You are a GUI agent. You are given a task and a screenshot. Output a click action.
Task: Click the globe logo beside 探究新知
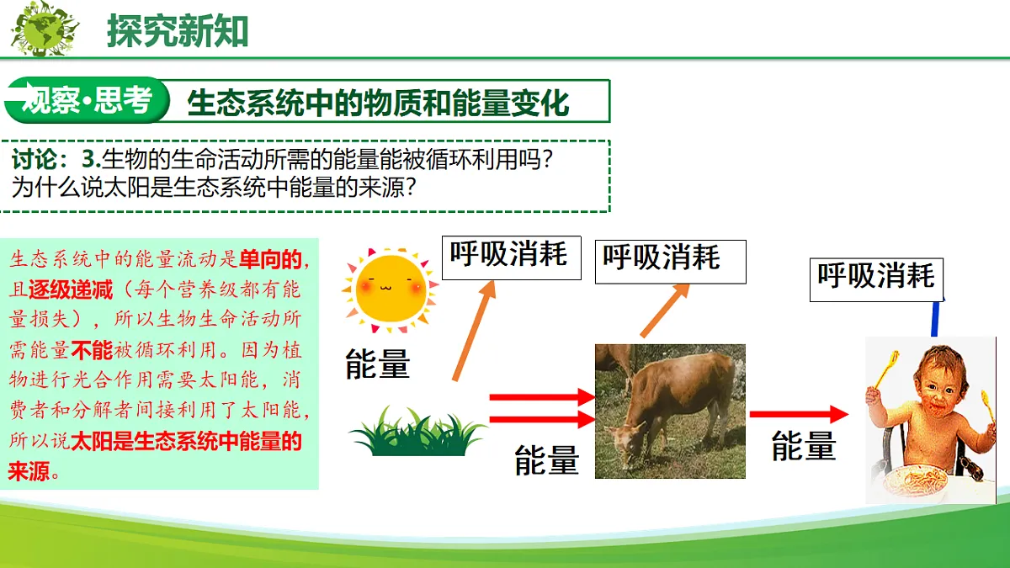(44, 28)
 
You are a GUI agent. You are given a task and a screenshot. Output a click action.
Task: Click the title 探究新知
(178, 30)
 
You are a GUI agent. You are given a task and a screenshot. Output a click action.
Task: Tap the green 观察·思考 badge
(87, 100)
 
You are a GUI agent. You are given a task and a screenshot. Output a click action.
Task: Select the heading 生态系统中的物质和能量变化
(378, 104)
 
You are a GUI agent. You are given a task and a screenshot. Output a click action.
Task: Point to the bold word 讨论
(35, 159)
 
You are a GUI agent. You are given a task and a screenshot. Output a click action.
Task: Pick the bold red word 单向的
(270, 259)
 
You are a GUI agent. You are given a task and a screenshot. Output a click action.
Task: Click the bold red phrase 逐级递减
(71, 289)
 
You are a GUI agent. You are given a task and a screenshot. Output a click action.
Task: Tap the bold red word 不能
(92, 350)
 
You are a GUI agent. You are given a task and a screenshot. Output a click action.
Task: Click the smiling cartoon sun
(391, 289)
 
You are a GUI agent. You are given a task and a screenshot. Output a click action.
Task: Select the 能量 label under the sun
(377, 364)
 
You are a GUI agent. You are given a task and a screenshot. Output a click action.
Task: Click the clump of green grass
(417, 432)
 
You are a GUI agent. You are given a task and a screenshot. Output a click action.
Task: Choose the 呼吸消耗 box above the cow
(671, 262)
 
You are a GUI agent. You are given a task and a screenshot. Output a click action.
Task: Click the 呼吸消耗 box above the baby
(876, 279)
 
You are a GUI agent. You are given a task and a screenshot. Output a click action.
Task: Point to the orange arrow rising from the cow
(665, 311)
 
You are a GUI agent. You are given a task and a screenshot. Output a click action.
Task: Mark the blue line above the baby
(936, 319)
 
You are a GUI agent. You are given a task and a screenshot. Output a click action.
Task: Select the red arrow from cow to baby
(799, 414)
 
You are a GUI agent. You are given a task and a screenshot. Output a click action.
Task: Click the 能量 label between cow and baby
(804, 446)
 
